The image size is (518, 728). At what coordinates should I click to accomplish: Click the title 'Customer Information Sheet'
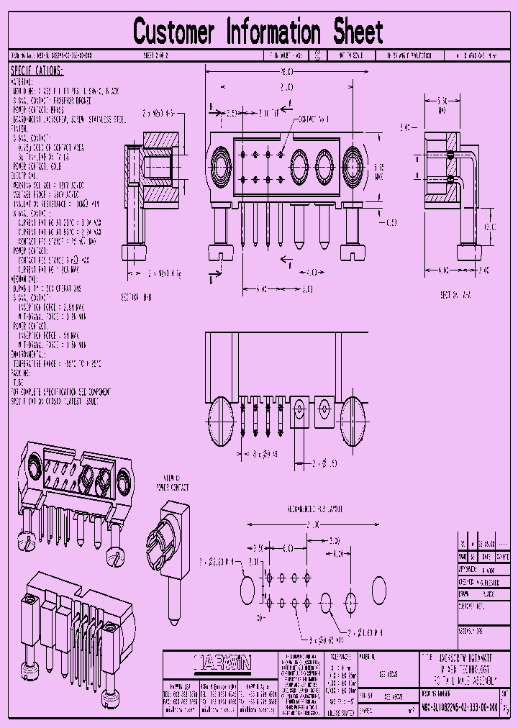(258, 32)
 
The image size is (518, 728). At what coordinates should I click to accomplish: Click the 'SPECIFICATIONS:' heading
(37, 70)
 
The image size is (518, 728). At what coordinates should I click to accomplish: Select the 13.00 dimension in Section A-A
(489, 227)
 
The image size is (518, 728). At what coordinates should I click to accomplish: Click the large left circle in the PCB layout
(246, 590)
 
